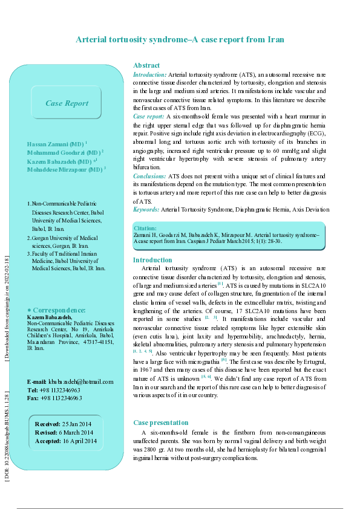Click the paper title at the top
click(180, 39)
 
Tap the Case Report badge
click(67, 103)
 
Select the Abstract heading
click(146, 65)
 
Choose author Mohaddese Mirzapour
click(67, 170)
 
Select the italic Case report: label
click(148, 115)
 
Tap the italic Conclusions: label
click(149, 176)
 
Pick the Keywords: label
click(146, 209)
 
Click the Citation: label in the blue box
click(145, 229)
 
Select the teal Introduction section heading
click(152, 260)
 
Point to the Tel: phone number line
click(55, 390)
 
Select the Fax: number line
click(55, 398)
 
